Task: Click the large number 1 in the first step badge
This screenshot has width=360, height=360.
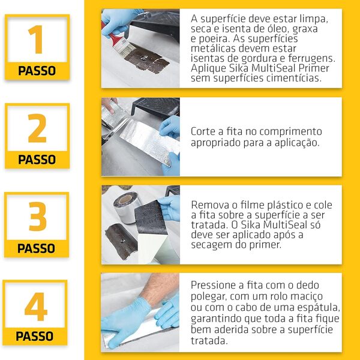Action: pyautogui.click(x=37, y=40)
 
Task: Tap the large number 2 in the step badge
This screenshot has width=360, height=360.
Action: pyautogui.click(x=37, y=128)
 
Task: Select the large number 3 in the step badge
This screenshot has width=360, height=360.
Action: pyautogui.click(x=37, y=217)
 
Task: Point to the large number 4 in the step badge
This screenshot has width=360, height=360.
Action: pyautogui.click(x=36, y=307)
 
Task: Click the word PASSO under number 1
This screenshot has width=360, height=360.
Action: pyautogui.click(x=37, y=71)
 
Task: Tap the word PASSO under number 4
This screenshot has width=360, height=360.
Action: pyautogui.click(x=35, y=336)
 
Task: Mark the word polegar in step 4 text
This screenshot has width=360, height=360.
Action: pyautogui.click(x=209, y=296)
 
